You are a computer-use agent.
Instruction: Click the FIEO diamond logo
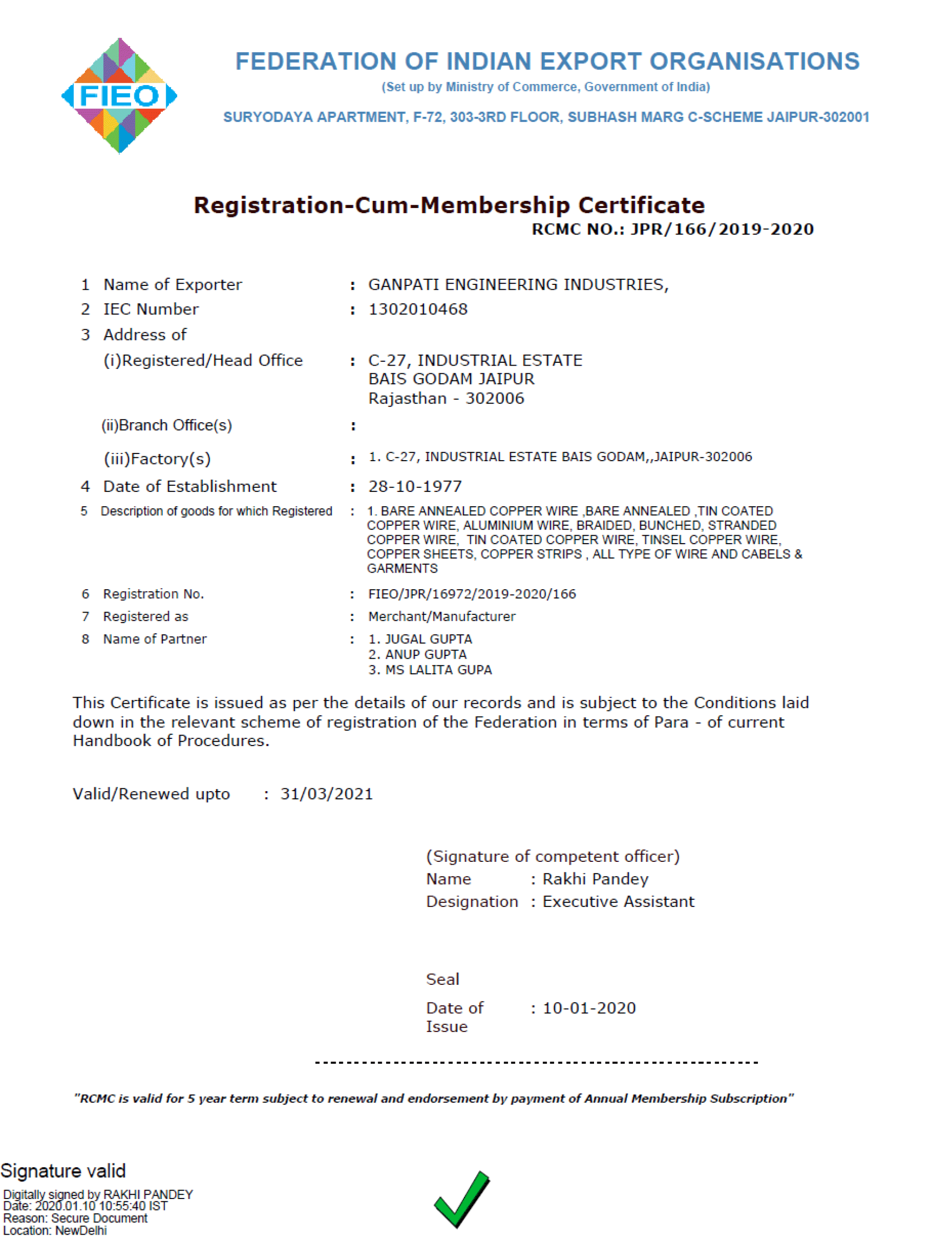pyautogui.click(x=119, y=95)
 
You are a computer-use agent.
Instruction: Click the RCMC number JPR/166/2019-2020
pyautogui.click(x=721, y=229)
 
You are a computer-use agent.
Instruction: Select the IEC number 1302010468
pyautogui.click(x=417, y=309)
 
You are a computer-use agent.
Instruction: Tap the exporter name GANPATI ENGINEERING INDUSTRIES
pyautogui.click(x=517, y=284)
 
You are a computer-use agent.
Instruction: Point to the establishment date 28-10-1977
pyautogui.click(x=415, y=487)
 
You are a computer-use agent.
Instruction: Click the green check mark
pyautogui.click(x=462, y=1199)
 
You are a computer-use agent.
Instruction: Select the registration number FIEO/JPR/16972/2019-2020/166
pyautogui.click(x=472, y=594)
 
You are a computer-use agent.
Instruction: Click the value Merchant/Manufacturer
pyautogui.click(x=441, y=616)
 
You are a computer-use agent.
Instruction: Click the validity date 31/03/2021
pyautogui.click(x=326, y=794)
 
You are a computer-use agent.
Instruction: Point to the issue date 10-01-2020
pyautogui.click(x=589, y=1008)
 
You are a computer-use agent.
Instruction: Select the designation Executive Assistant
pyautogui.click(x=618, y=902)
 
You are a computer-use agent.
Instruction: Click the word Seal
pyautogui.click(x=443, y=980)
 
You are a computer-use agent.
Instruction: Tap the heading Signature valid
pyautogui.click(x=63, y=1171)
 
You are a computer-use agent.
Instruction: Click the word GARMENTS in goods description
pyautogui.click(x=402, y=569)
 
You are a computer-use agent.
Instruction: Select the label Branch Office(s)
pyautogui.click(x=167, y=425)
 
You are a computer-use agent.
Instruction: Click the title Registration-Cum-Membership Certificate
pyautogui.click(x=449, y=205)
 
